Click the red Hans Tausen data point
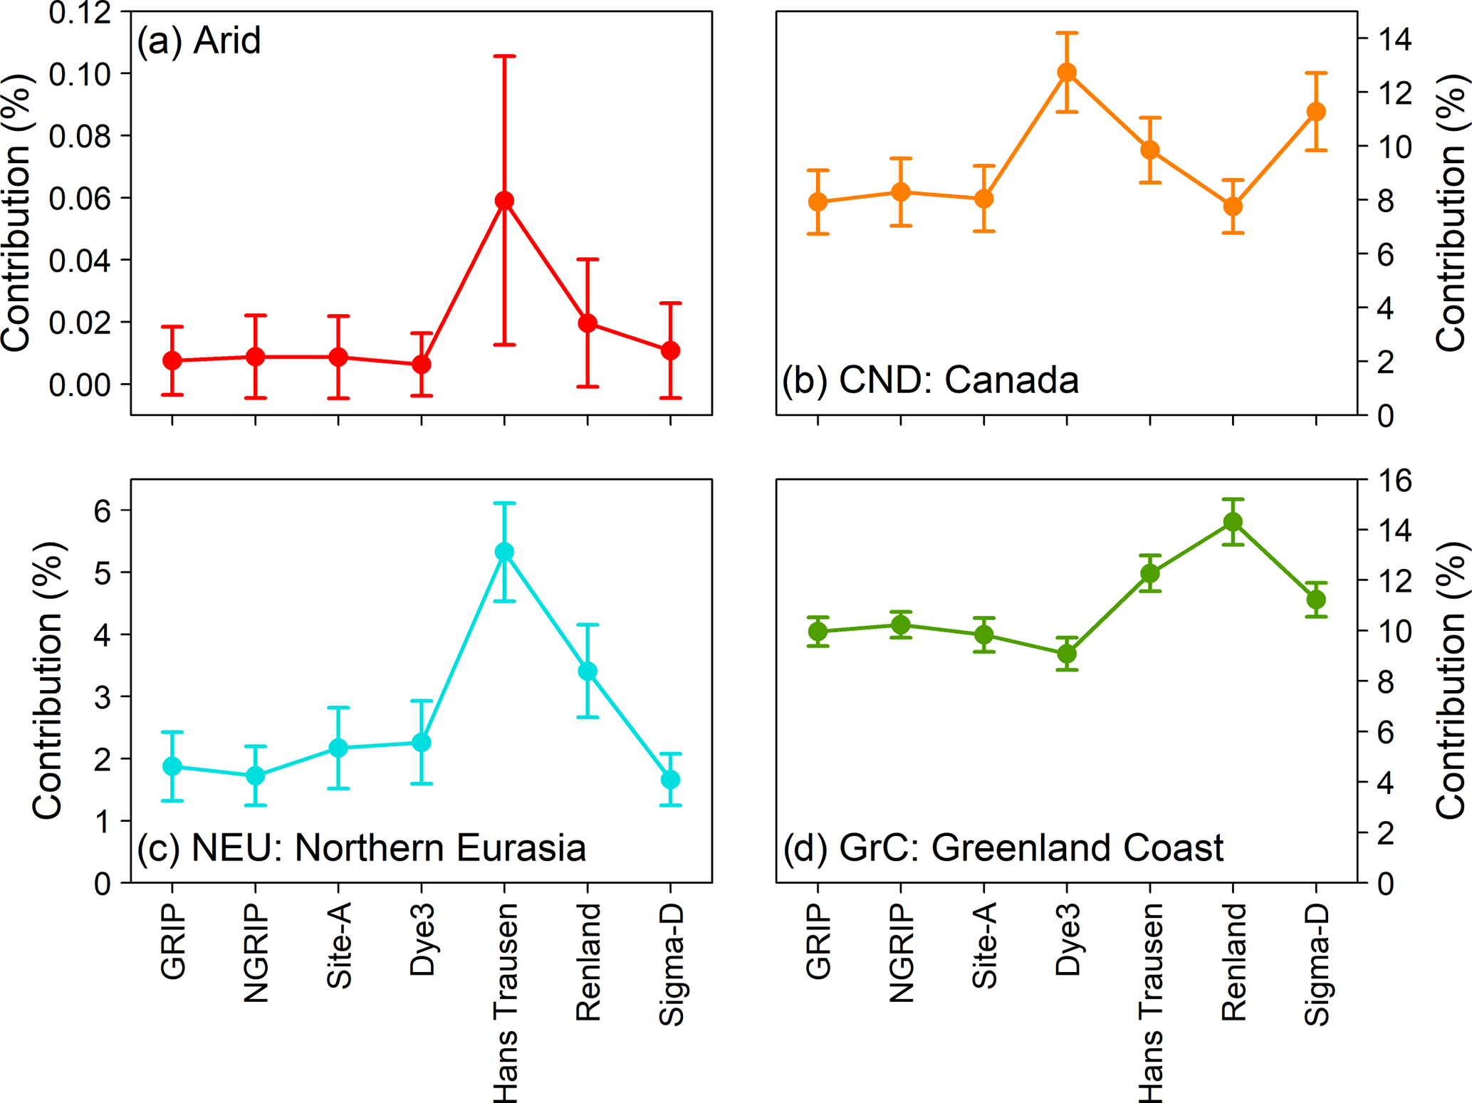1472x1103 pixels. [x=504, y=201]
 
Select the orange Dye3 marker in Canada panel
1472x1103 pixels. [x=1067, y=73]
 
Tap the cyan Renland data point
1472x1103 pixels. [x=588, y=671]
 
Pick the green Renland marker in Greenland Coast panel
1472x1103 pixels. [x=1233, y=522]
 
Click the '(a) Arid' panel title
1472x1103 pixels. [x=199, y=41]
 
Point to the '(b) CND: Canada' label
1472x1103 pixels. [x=930, y=380]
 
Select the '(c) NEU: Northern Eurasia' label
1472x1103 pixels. [x=362, y=847]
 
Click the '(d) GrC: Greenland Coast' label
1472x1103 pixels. [x=1003, y=847]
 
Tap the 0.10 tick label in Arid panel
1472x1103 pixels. [x=80, y=74]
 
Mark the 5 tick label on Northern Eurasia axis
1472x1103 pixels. [x=103, y=573]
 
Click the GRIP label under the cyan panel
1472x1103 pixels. [x=173, y=943]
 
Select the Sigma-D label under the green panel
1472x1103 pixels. [x=1317, y=964]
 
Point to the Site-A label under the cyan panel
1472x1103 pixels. [x=339, y=946]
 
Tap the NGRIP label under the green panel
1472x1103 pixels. [x=902, y=953]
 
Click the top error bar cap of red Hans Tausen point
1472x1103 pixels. [x=504, y=56]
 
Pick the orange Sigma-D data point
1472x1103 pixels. [x=1316, y=112]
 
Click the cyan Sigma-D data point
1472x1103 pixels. [x=670, y=780]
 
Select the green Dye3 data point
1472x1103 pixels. [x=1067, y=653]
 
